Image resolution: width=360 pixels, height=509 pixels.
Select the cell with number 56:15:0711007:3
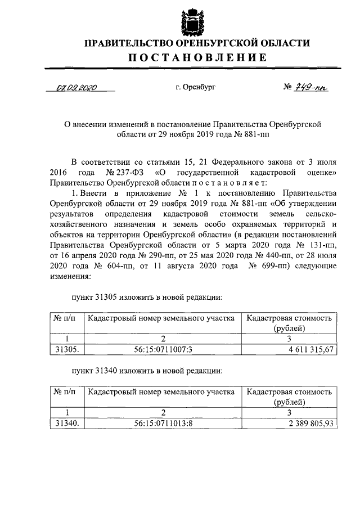tap(164, 350)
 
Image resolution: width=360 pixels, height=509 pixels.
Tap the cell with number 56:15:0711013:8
tap(164, 424)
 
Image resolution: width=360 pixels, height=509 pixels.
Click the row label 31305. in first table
tap(66, 350)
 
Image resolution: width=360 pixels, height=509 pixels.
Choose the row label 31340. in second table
tap(66, 424)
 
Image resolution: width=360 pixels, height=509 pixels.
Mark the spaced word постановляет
tap(222, 182)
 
